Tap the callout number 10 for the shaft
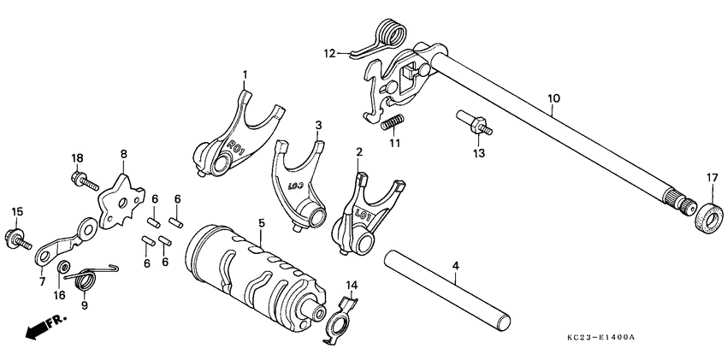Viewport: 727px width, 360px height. click(x=553, y=99)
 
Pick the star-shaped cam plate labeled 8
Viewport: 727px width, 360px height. click(x=118, y=200)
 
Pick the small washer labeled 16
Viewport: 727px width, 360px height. click(x=63, y=271)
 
